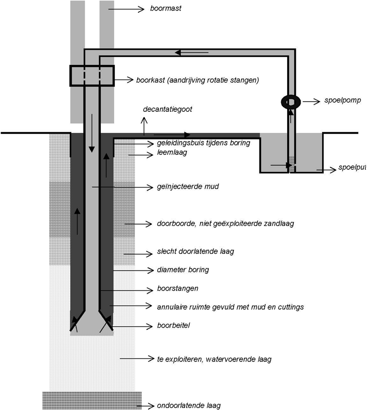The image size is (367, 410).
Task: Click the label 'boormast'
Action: [166, 9]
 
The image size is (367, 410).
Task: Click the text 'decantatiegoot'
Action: [168, 109]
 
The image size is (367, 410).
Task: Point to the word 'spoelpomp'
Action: [343, 100]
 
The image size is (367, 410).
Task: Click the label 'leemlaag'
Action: [172, 152]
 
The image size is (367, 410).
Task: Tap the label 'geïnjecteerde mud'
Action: [188, 187]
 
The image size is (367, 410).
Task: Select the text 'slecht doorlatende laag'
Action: [195, 251]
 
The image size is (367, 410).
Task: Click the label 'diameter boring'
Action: [183, 270]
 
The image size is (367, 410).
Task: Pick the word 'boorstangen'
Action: [177, 289]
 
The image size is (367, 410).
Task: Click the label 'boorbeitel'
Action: [173, 325]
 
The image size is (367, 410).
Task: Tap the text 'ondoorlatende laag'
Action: [189, 406]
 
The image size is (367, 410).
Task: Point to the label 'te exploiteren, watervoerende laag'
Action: [214, 359]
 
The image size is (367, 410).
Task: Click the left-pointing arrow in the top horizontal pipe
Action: [192, 53]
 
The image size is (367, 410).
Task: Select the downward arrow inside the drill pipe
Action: [91, 133]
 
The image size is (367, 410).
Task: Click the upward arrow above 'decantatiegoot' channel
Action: [144, 126]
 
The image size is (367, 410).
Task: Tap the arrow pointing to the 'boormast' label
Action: [126, 10]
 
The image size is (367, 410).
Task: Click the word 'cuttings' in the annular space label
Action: [291, 307]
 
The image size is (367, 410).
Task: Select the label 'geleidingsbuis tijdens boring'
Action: [204, 143]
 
